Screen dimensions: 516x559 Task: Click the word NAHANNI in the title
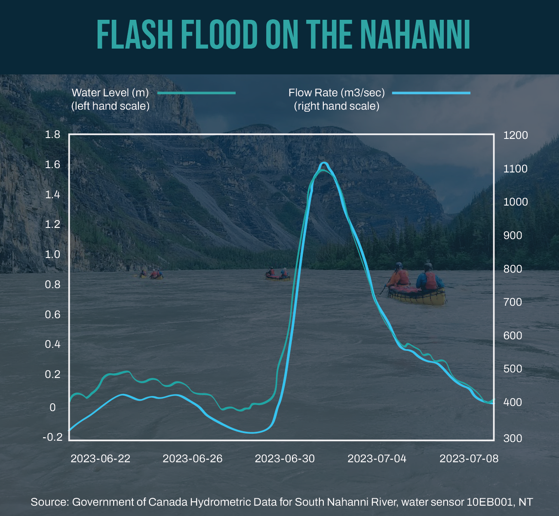point(415,35)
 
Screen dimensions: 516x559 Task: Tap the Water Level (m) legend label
point(110,92)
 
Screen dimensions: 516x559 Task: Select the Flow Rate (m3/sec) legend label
point(336,92)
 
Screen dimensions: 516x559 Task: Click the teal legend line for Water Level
point(197,92)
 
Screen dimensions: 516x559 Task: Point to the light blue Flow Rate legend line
point(431,92)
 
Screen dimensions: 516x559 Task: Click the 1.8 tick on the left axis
point(52,135)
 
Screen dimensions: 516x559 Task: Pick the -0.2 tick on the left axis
point(52,437)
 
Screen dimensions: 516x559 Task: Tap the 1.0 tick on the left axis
point(52,254)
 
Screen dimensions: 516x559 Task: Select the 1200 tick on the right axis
point(515,135)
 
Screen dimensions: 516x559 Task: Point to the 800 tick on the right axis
point(515,269)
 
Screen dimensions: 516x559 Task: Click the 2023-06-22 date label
point(100,458)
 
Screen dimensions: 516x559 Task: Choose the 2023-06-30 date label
point(285,458)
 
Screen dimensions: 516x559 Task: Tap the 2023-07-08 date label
point(469,458)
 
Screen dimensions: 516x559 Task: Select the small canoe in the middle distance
point(277,275)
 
